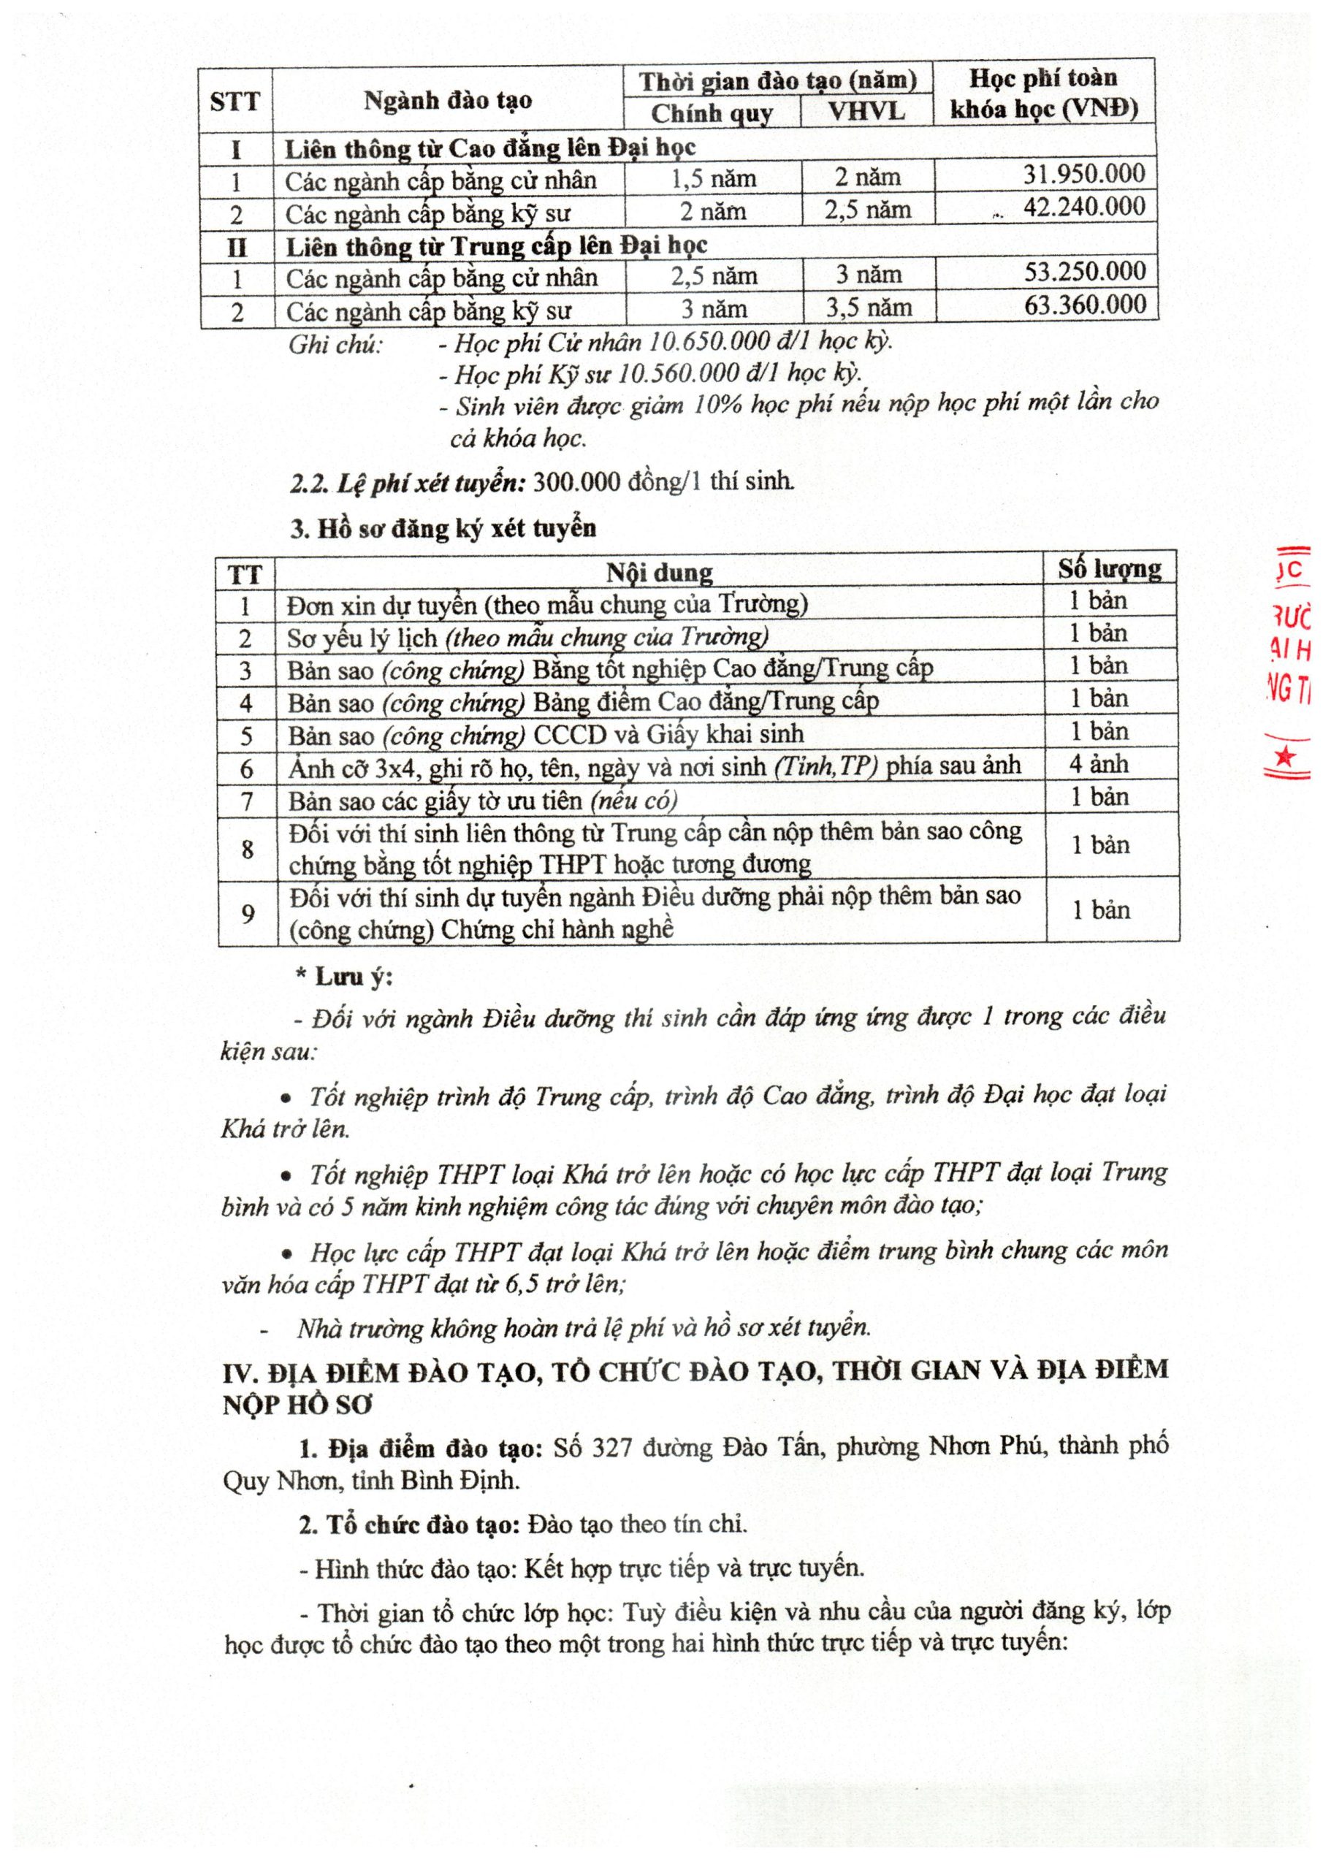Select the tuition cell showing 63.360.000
click(1085, 305)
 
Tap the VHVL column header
click(867, 112)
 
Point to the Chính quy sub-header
click(712, 113)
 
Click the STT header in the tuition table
click(235, 102)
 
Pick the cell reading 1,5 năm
click(713, 178)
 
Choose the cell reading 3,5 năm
click(869, 308)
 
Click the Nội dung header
click(659, 573)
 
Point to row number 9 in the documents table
click(248, 913)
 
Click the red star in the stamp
click(1286, 757)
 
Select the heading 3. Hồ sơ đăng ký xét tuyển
click(444, 530)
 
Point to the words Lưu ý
click(354, 977)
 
